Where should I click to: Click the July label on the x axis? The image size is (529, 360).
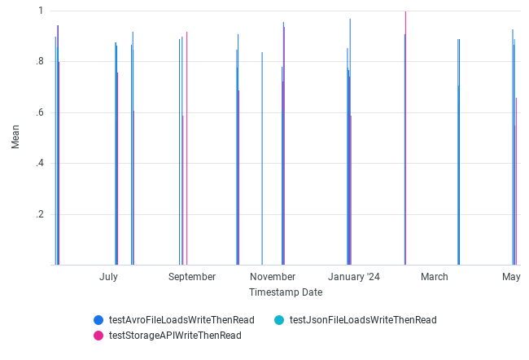[x=108, y=277]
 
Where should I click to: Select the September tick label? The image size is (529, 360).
[x=192, y=277]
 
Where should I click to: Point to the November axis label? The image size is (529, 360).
[x=273, y=277]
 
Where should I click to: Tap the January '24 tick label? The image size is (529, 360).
[x=354, y=277]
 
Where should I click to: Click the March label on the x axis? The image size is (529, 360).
[x=435, y=277]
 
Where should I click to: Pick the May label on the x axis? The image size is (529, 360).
[x=511, y=277]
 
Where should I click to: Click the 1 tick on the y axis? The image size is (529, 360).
[x=41, y=11]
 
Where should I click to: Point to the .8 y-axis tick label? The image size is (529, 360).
[x=39, y=62]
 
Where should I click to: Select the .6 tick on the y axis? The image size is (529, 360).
[x=39, y=112]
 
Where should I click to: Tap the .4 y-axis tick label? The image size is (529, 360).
[x=39, y=164]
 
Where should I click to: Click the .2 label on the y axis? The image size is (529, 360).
[x=39, y=214]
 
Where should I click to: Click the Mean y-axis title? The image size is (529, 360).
[x=15, y=137]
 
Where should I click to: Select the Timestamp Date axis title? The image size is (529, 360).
[x=285, y=292]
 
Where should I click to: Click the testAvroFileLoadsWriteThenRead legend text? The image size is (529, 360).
[x=181, y=320]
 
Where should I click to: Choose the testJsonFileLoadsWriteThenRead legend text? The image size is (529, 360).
[x=363, y=320]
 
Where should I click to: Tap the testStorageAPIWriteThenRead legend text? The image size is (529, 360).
[x=175, y=335]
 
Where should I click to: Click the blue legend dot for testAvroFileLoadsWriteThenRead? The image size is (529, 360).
[x=98, y=320]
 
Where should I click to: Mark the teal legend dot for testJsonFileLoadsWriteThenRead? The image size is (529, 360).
[x=279, y=320]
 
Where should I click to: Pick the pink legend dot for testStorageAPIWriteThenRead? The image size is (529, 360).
[x=98, y=335]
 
